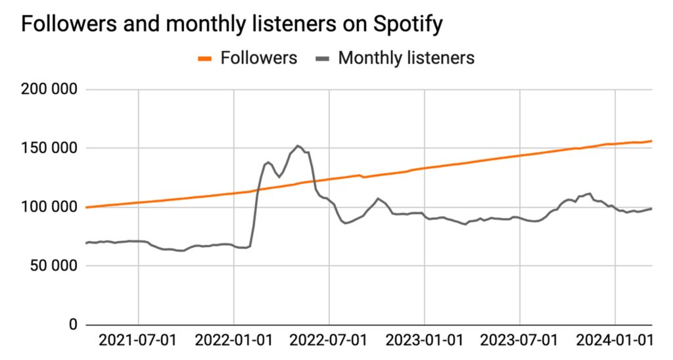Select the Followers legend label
click(258, 58)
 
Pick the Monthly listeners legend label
click(406, 58)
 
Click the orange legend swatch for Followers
click(205, 58)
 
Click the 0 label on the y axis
click(73, 325)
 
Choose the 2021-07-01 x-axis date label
click(139, 342)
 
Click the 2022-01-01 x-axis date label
click(235, 342)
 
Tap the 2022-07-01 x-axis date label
click(329, 342)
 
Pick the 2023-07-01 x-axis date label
click(520, 342)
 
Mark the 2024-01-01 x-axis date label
click(615, 342)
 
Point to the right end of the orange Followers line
click(651, 141)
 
